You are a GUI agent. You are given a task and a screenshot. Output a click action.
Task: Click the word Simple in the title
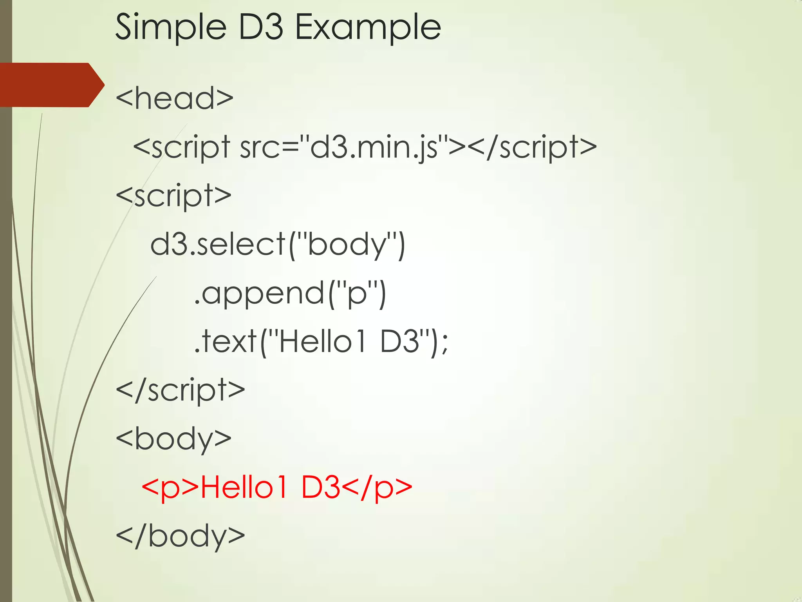tap(171, 27)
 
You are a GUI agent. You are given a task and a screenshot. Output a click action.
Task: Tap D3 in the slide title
tap(260, 27)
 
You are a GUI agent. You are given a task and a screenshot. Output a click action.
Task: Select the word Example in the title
tap(368, 27)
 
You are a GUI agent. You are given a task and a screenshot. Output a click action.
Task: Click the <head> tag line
tap(175, 98)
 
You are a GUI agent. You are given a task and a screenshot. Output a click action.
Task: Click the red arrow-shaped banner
tap(51, 85)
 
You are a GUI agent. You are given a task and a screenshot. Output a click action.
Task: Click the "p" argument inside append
tap(356, 293)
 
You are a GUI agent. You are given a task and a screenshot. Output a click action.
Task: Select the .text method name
tap(226, 341)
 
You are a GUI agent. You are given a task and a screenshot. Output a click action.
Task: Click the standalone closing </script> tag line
tap(181, 390)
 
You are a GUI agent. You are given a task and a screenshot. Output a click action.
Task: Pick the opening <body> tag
tap(174, 439)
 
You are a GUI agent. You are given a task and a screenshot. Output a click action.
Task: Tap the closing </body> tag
tap(181, 536)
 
